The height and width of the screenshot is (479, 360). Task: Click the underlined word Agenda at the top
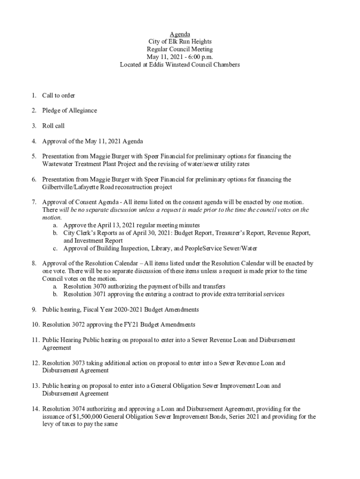point(180,34)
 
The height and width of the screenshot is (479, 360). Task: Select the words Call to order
point(58,95)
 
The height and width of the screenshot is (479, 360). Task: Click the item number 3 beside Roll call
point(34,126)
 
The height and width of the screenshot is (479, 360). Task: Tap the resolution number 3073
point(78,363)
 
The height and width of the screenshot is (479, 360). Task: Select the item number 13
point(35,386)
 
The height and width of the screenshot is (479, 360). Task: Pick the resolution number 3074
point(78,409)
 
